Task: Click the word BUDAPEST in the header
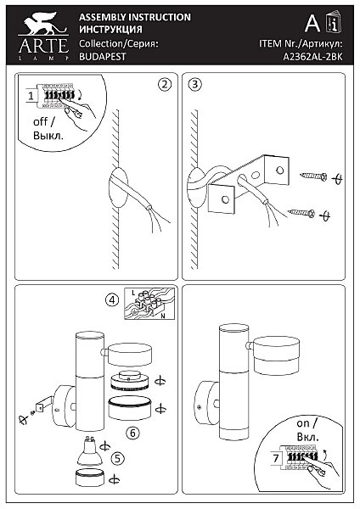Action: (103, 57)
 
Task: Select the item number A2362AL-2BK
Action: (312, 57)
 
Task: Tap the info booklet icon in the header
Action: (333, 22)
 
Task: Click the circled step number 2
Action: (165, 84)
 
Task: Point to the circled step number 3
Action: (195, 84)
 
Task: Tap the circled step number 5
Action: (118, 458)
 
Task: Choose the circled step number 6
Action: (132, 433)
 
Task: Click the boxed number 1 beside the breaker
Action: (31, 96)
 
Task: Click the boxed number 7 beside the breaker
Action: (276, 458)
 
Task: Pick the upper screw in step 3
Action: (313, 176)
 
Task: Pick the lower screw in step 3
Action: (301, 213)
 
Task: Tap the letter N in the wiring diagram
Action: (163, 316)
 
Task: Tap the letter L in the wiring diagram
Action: (133, 293)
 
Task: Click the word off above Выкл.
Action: (41, 122)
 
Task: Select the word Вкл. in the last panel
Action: (307, 437)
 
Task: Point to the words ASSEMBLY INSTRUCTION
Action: (135, 17)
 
